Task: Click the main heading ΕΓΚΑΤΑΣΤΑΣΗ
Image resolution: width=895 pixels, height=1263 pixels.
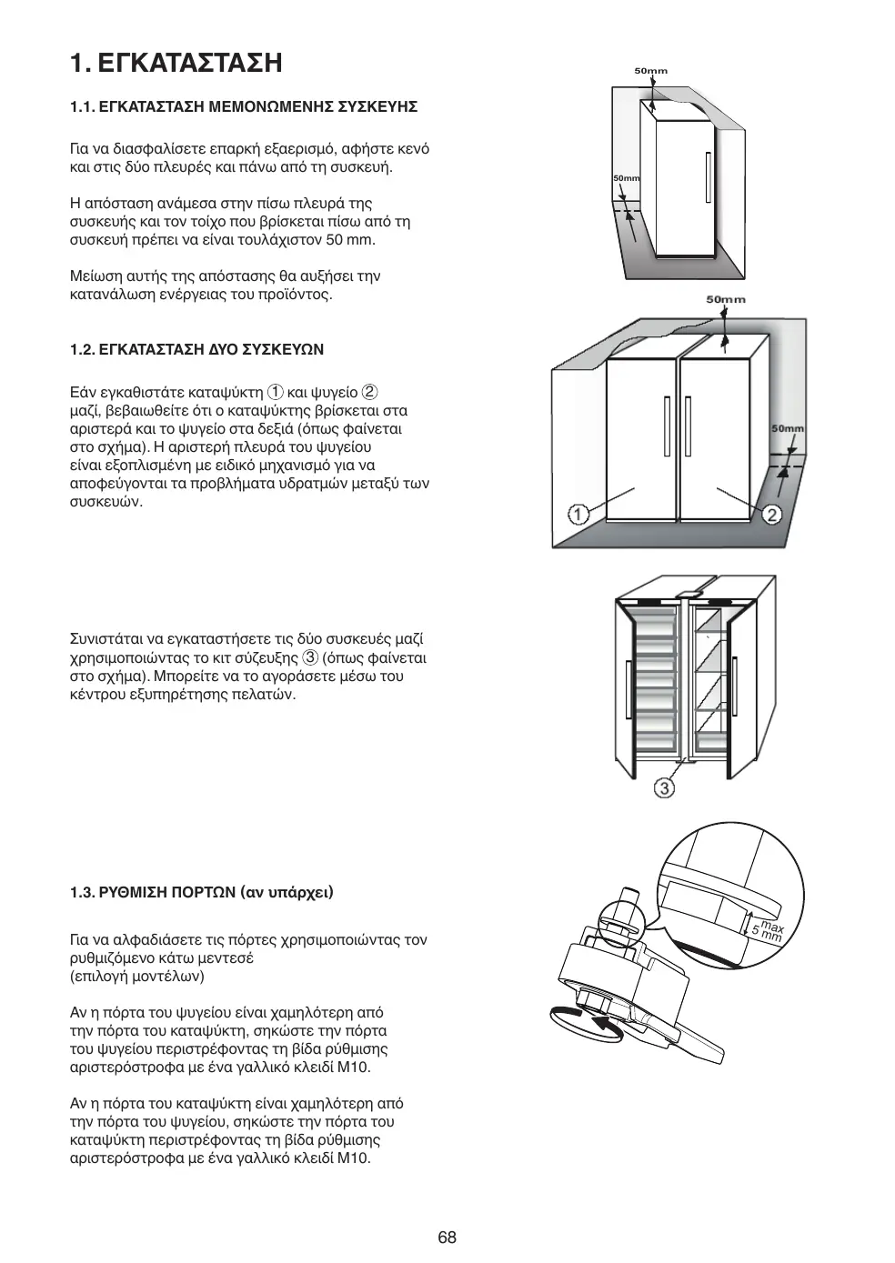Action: (190, 63)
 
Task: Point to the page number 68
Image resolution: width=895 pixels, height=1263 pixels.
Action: (447, 1237)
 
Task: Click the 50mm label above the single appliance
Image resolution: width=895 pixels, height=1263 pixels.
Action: (650, 71)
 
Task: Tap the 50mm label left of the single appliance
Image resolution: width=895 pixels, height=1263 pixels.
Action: (626, 178)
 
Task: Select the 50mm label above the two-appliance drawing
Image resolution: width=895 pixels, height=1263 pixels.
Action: (725, 299)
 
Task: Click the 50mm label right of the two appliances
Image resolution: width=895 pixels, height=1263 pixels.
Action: (787, 428)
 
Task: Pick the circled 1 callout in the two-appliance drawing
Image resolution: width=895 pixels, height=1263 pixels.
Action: (578, 515)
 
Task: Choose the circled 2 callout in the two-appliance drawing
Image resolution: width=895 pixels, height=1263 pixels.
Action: (771, 515)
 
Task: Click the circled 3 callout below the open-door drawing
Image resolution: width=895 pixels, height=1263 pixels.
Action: (665, 787)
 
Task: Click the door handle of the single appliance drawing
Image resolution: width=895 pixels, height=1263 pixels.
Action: (707, 178)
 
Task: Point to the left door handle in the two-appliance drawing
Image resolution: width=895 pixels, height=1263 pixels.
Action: (669, 427)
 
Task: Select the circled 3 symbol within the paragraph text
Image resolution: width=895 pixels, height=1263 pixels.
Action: (310, 657)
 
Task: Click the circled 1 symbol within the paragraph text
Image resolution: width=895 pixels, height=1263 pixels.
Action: (275, 393)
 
